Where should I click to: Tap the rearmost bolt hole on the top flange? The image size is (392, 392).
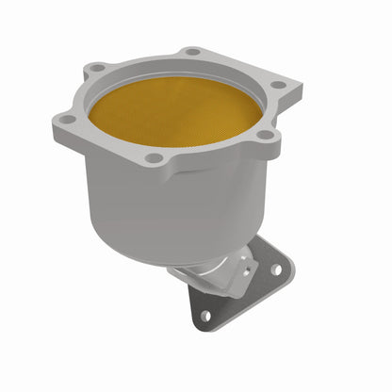point(193,51)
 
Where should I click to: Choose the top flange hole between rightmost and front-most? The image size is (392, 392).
point(267,136)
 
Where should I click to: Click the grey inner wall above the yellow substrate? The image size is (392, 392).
point(179,80)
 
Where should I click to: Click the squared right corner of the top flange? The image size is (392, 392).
point(300,90)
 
